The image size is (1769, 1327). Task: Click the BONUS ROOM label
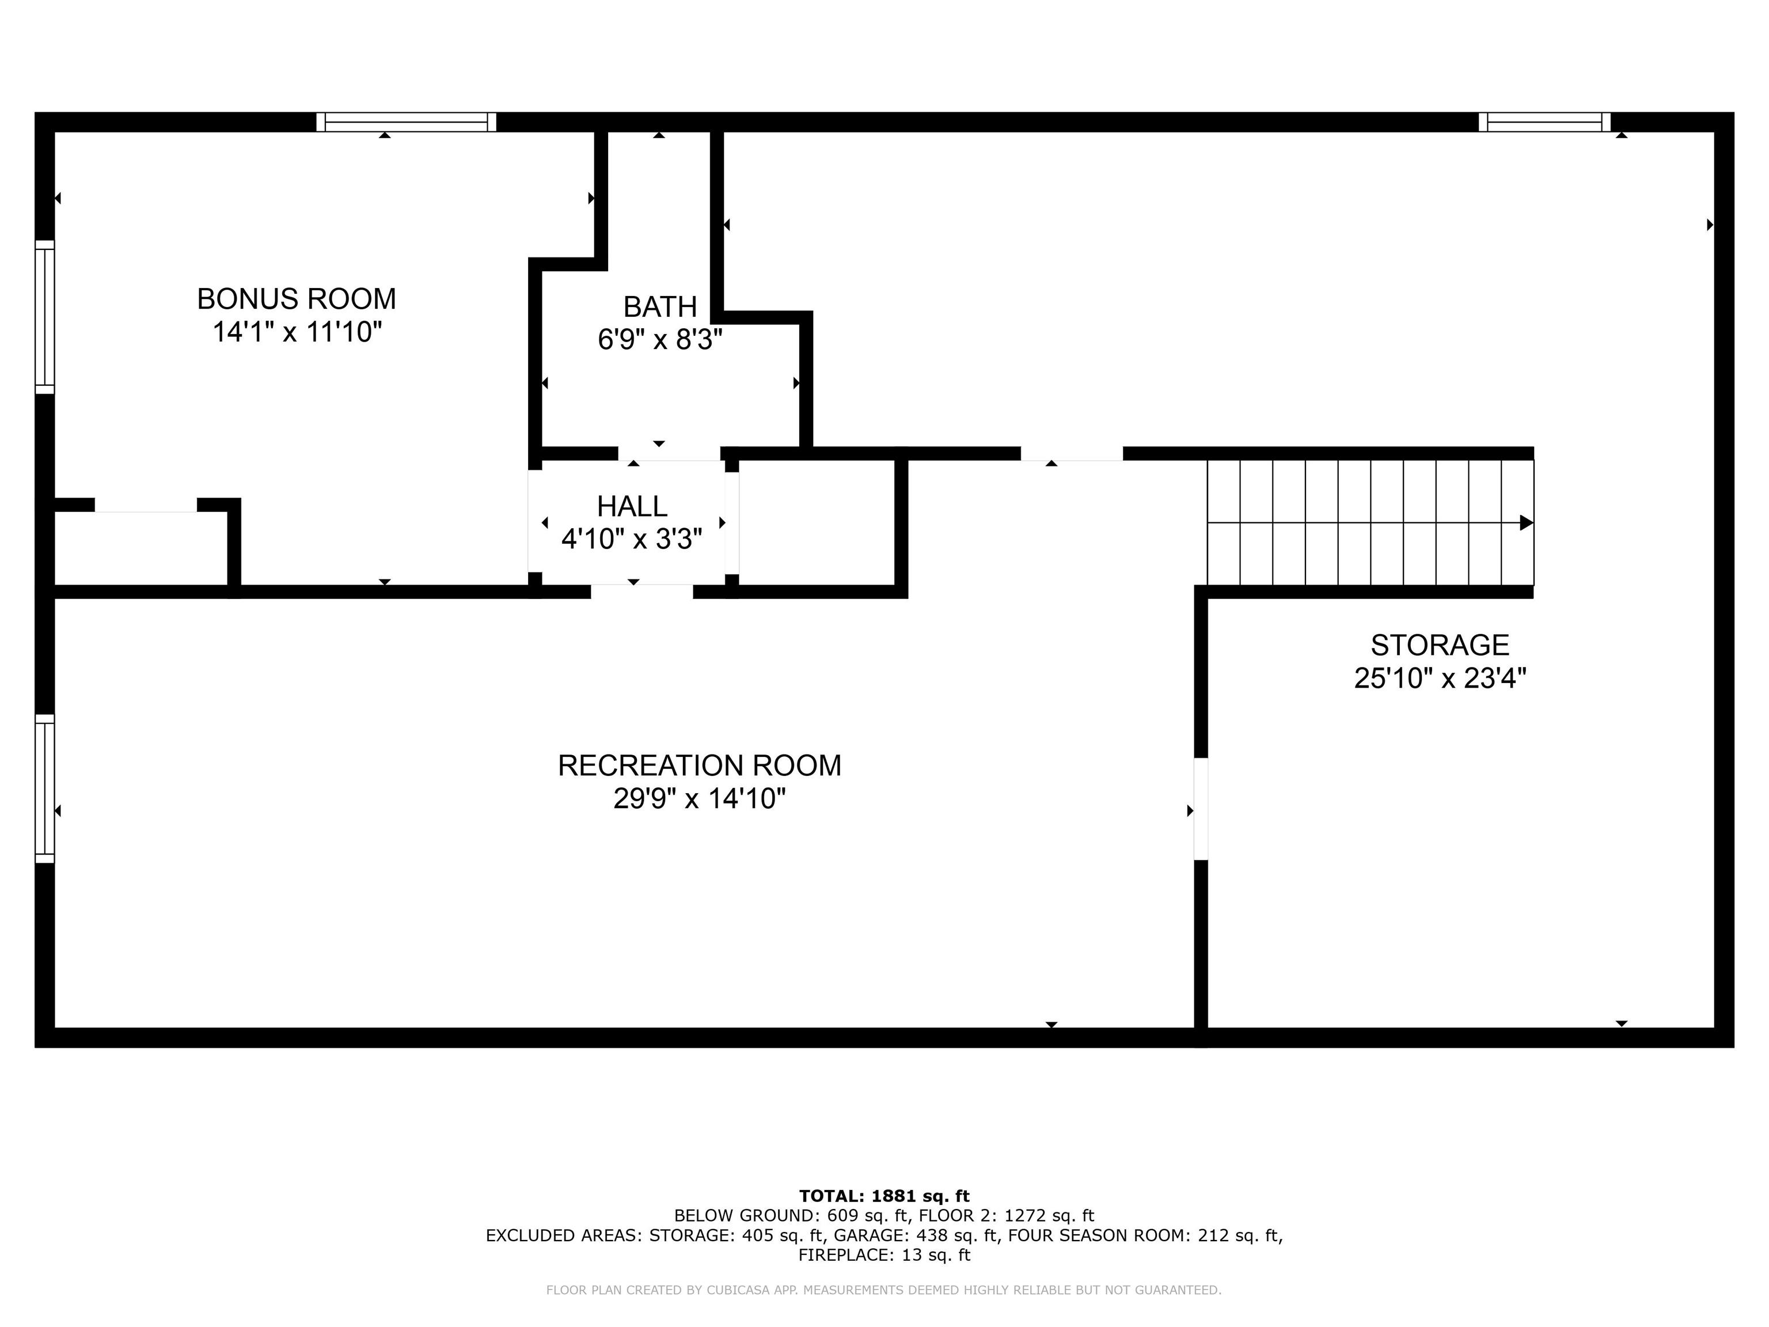[x=296, y=299]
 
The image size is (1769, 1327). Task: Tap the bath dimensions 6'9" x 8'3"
[x=660, y=340]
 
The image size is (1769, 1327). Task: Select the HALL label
[x=632, y=506]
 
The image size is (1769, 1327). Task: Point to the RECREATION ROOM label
[x=699, y=765]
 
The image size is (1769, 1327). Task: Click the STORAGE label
[x=1440, y=644]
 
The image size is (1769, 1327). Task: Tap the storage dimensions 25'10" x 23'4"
[x=1440, y=678]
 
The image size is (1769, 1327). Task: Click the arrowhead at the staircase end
[x=1526, y=522]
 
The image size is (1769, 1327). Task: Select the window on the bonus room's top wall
[x=407, y=122]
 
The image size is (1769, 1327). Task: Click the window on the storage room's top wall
[x=1544, y=122]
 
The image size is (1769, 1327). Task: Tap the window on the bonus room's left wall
[x=45, y=317]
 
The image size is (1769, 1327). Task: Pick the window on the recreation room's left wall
[x=45, y=788]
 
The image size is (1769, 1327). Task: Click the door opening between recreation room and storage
[x=1201, y=809]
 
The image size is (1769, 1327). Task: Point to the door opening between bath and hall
[x=669, y=453]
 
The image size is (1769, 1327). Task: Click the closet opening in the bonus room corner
[x=146, y=505]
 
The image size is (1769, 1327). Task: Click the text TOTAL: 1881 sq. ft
[x=884, y=1196]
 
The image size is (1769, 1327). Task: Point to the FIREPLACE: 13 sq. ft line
[x=884, y=1254]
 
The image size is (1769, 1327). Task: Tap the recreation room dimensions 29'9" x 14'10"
[x=699, y=798]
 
